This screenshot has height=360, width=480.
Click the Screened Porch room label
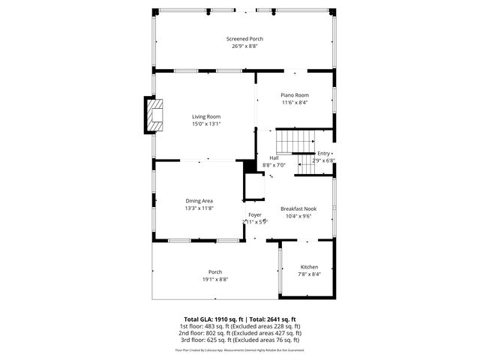[245, 38]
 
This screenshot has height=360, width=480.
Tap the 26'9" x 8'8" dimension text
[245, 46]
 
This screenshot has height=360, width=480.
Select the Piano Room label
[295, 95]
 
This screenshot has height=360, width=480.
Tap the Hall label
[274, 157]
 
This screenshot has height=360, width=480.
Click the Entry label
[323, 153]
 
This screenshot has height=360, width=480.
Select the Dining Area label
[199, 200]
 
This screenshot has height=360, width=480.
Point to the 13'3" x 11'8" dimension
[199, 208]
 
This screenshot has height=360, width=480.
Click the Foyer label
[256, 214]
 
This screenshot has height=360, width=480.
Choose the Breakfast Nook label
[298, 208]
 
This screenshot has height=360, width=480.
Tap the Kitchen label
[310, 267]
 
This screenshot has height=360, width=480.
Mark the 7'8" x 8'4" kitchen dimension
[310, 274]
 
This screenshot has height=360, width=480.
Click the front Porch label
[215, 271]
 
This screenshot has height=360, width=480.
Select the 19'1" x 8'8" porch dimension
[215, 279]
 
